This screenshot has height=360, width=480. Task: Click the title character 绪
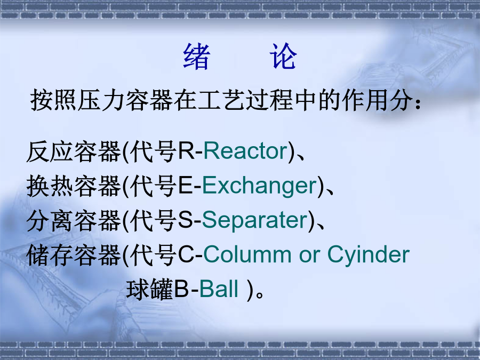coord(197,57)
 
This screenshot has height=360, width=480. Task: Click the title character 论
coord(283,57)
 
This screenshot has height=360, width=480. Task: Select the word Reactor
coord(245,151)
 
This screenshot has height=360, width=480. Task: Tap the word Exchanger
coord(259,186)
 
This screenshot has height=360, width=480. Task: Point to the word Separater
coord(255,220)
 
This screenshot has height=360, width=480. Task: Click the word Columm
coord(247,255)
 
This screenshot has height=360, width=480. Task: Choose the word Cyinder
coord(369,255)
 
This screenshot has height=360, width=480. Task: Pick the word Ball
coord(219,289)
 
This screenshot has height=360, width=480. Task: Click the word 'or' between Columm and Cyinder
coord(309,257)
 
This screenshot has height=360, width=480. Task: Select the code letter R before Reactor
coord(186,151)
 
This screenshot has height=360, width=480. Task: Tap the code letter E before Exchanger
coord(185,186)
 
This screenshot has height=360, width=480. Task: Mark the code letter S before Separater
coord(185,220)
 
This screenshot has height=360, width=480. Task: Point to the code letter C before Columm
coord(186,255)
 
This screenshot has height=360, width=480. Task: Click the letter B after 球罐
coord(181,289)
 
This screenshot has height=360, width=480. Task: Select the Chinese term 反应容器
coord(74,151)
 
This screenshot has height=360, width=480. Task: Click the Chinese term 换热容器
coord(74,186)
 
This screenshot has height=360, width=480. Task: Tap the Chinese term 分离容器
coord(74,221)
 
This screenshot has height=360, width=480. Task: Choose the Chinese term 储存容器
coord(74,255)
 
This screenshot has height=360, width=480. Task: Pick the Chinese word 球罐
coord(150,289)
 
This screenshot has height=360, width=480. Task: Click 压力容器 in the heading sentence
coord(125,100)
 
